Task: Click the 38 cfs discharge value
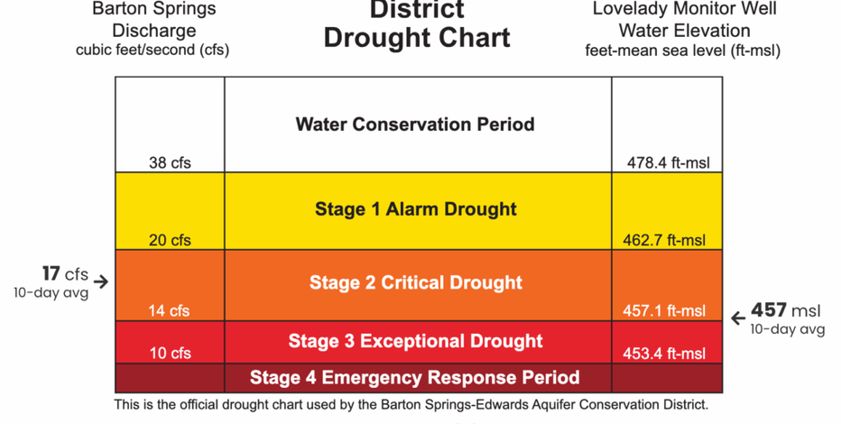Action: tap(170, 163)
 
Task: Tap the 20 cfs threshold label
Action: tap(170, 241)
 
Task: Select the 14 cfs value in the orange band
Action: tap(170, 311)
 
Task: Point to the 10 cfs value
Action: tap(170, 354)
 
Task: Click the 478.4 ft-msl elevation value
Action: tap(668, 163)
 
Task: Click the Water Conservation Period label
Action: tap(415, 124)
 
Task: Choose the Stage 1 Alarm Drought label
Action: tap(416, 209)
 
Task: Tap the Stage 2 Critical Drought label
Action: tap(416, 282)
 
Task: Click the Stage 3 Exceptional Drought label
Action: tap(416, 341)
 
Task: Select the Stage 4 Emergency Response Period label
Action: tap(414, 377)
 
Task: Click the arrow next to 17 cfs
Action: tap(101, 281)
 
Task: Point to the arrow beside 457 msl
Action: tap(738, 318)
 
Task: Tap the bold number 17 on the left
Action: tap(51, 273)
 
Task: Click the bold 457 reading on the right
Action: tap(769, 310)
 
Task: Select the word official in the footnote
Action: tap(199, 405)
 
